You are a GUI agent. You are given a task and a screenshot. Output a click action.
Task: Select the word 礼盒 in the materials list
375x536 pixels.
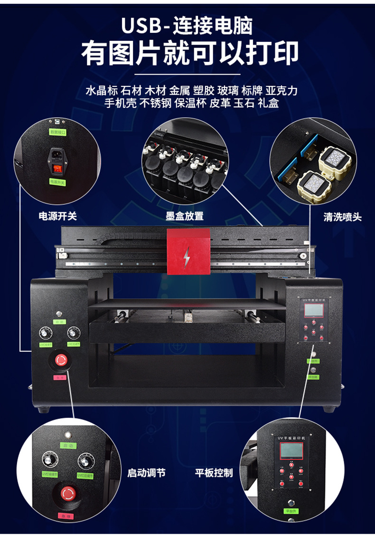268,103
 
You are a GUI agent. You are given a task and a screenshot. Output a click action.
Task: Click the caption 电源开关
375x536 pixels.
57,216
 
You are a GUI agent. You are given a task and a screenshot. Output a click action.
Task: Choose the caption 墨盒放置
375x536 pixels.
185,216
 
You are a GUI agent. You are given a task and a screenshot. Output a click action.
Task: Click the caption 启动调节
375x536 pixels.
146,473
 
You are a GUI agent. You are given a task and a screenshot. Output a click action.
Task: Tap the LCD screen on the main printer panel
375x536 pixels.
313,311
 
